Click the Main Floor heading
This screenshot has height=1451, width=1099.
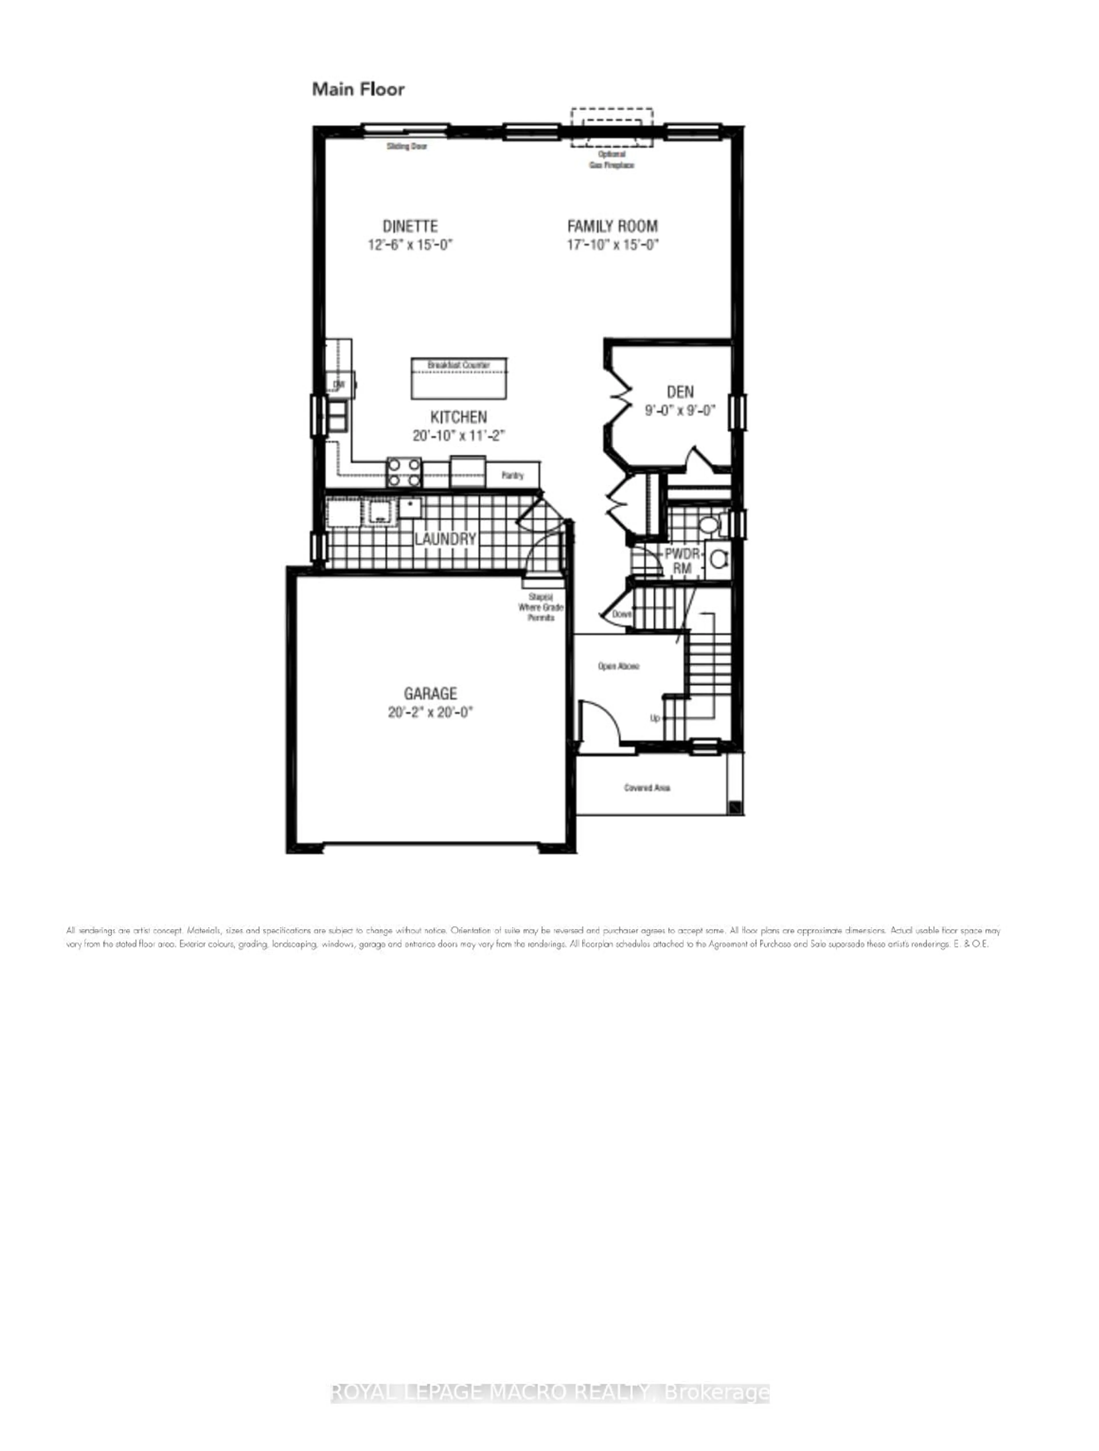pyautogui.click(x=358, y=89)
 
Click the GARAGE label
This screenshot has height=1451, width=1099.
pyautogui.click(x=430, y=693)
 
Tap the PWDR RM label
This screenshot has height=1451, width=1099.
pyautogui.click(x=682, y=561)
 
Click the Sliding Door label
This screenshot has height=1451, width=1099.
pyautogui.click(x=407, y=146)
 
